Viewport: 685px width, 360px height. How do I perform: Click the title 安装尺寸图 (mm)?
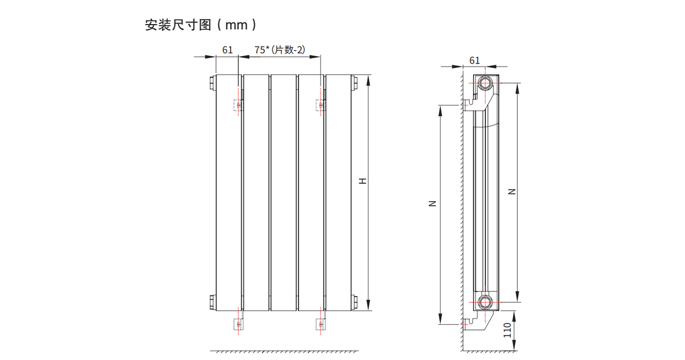click(201, 25)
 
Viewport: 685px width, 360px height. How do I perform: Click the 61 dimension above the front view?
click(227, 50)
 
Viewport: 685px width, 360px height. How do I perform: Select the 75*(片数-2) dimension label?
click(279, 50)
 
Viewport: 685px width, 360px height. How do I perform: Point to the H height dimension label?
click(363, 181)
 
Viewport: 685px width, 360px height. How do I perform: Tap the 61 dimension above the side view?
click(475, 60)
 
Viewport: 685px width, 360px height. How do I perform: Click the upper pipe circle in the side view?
click(485, 83)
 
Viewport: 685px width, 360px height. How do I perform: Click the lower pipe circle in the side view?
click(485, 302)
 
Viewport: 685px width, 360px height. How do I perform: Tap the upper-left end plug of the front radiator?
click(212, 83)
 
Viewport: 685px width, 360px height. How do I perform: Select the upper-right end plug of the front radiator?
click(353, 83)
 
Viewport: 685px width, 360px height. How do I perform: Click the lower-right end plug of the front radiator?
click(353, 301)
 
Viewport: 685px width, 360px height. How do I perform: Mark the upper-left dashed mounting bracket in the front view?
click(238, 105)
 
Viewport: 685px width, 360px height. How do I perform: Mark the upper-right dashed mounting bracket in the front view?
click(321, 105)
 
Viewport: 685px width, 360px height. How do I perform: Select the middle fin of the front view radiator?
click(283, 193)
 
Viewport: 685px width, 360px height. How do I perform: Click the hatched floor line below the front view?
click(284, 351)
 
